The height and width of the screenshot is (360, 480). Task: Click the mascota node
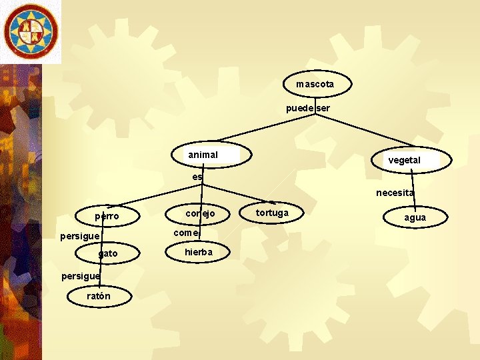coord(315,84)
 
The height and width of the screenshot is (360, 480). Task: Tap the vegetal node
coord(404,159)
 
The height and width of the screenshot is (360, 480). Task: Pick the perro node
coord(107,216)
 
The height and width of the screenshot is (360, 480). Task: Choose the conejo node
coord(200,213)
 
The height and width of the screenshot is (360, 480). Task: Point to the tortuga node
coord(273,213)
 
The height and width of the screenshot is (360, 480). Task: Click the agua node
coord(414,217)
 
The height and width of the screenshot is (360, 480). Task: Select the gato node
coord(108,253)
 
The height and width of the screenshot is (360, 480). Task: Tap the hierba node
coord(199,252)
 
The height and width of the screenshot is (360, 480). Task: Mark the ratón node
coord(99,296)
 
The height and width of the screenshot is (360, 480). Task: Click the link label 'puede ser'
coord(307,108)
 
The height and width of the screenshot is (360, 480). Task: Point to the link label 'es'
coord(197,177)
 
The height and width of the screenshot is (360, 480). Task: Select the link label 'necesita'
coord(395,193)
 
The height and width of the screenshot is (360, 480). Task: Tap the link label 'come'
coord(186,233)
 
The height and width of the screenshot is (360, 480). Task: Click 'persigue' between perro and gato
coord(79,236)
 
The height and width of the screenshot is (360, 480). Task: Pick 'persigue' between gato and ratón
coord(80,275)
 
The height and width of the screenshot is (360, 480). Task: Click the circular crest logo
coord(30,31)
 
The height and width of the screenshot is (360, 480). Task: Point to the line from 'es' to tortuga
coord(233,193)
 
